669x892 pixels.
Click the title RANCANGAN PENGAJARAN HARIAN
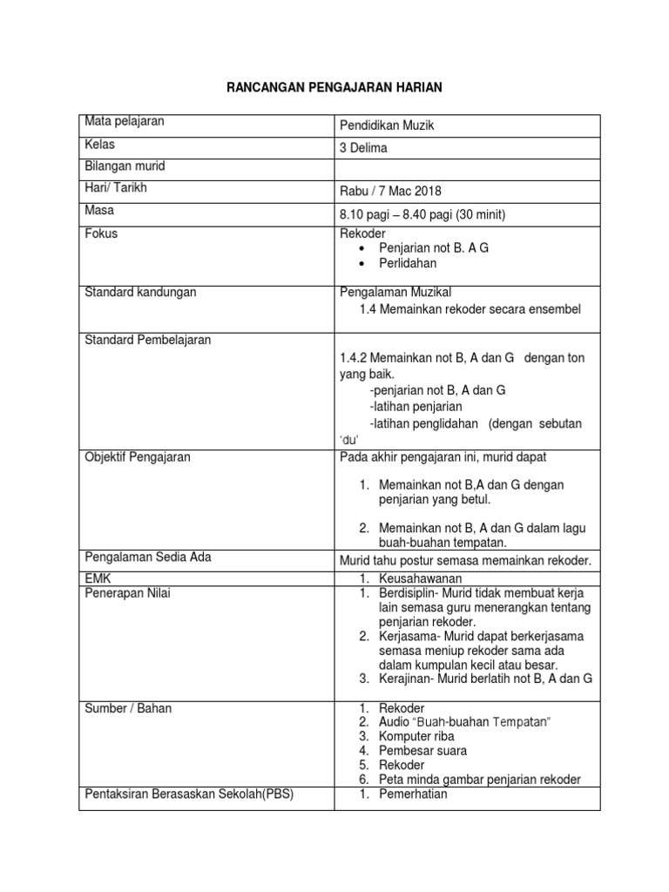[335, 87]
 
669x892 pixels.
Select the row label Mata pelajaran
[125, 122]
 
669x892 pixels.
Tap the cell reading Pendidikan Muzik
[386, 126]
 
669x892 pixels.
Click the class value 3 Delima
[363, 148]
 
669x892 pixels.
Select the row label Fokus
[101, 233]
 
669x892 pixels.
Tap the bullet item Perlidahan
[408, 263]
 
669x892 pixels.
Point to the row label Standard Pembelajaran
[147, 340]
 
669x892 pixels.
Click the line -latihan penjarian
[416, 406]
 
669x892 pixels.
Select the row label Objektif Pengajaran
[138, 456]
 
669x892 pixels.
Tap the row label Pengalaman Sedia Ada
[147, 557]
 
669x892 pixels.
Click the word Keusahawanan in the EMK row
[420, 578]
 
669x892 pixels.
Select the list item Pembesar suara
[422, 751]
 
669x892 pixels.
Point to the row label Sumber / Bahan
[128, 708]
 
